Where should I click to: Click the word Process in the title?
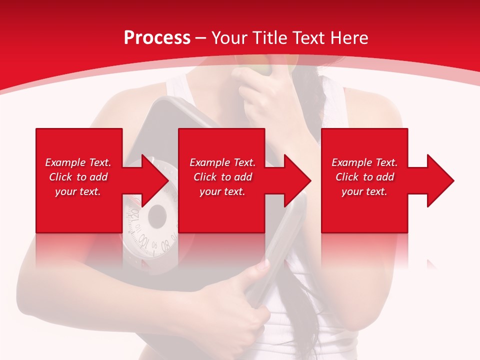pos(157,38)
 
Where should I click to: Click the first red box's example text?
pos(78,177)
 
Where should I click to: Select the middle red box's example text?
pos(222,177)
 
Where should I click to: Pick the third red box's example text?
pos(364,177)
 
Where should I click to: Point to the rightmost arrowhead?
pos(440,180)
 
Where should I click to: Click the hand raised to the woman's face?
pos(260,95)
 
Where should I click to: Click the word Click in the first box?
pos(61,177)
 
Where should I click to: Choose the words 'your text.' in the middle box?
pos(222,191)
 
